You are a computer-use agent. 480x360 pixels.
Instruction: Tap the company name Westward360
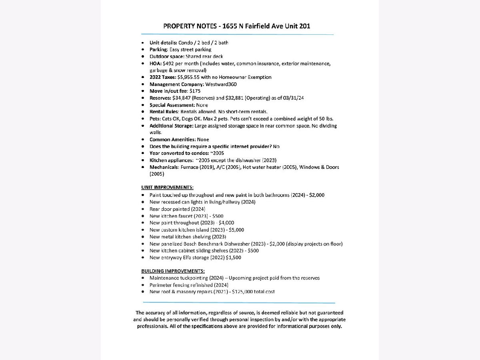[x=221, y=84]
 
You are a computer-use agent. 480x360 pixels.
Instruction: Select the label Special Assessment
[x=172, y=105]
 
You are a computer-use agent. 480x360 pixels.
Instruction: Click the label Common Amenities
[x=172, y=140]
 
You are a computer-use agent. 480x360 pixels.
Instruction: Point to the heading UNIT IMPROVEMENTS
[x=167, y=187]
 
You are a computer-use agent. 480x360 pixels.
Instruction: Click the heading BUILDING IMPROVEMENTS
[x=173, y=271]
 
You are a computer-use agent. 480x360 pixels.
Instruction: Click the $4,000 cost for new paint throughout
[x=226, y=223]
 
